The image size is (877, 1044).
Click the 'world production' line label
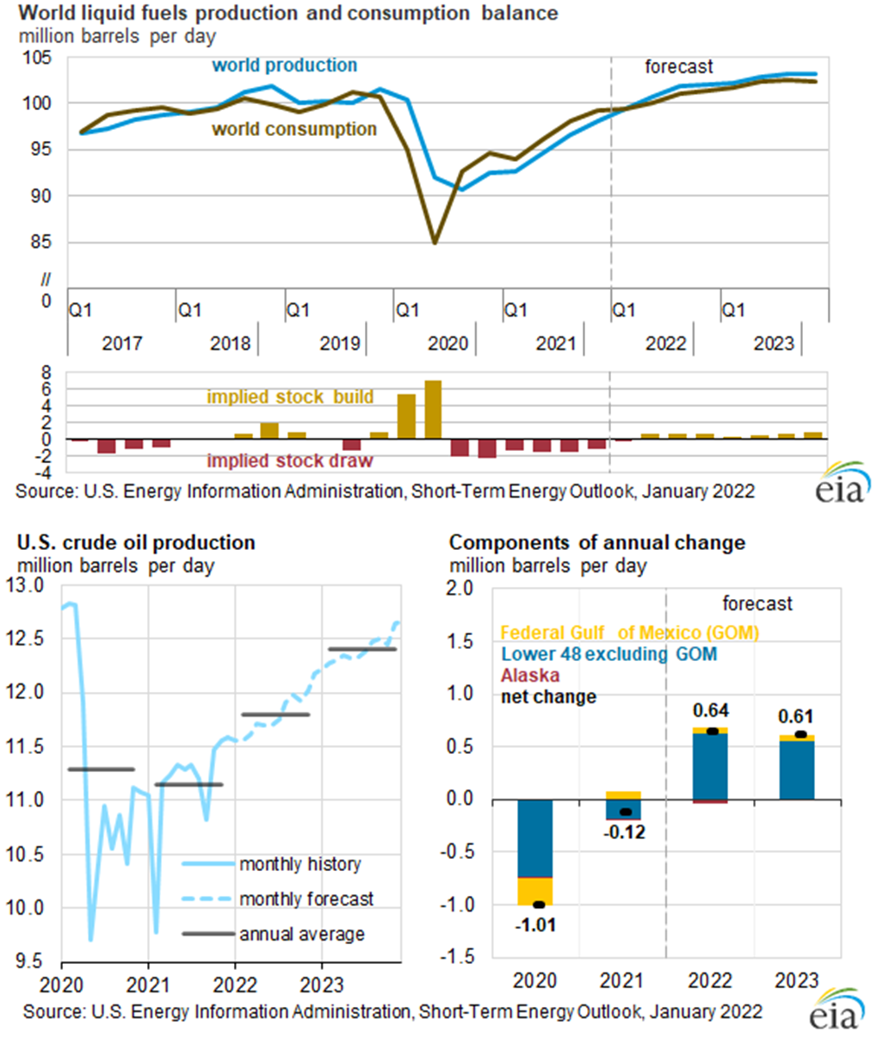284,65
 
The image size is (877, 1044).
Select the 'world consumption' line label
294,129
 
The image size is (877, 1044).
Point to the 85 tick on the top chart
41,242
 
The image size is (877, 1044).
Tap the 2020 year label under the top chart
448,343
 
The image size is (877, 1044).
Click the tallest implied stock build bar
433,410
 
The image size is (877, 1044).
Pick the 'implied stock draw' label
290,461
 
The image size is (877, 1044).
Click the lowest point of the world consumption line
435,243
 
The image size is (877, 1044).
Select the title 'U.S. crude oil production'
136,543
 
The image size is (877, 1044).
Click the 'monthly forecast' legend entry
306,899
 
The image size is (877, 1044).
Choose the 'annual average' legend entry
301,935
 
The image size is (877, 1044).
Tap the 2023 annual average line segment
362,649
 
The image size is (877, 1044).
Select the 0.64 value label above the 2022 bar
711,711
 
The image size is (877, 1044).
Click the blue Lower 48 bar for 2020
534,838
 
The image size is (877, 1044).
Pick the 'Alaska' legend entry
530,676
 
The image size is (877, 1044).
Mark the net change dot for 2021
625,812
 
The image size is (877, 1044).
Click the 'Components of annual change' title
597,543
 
